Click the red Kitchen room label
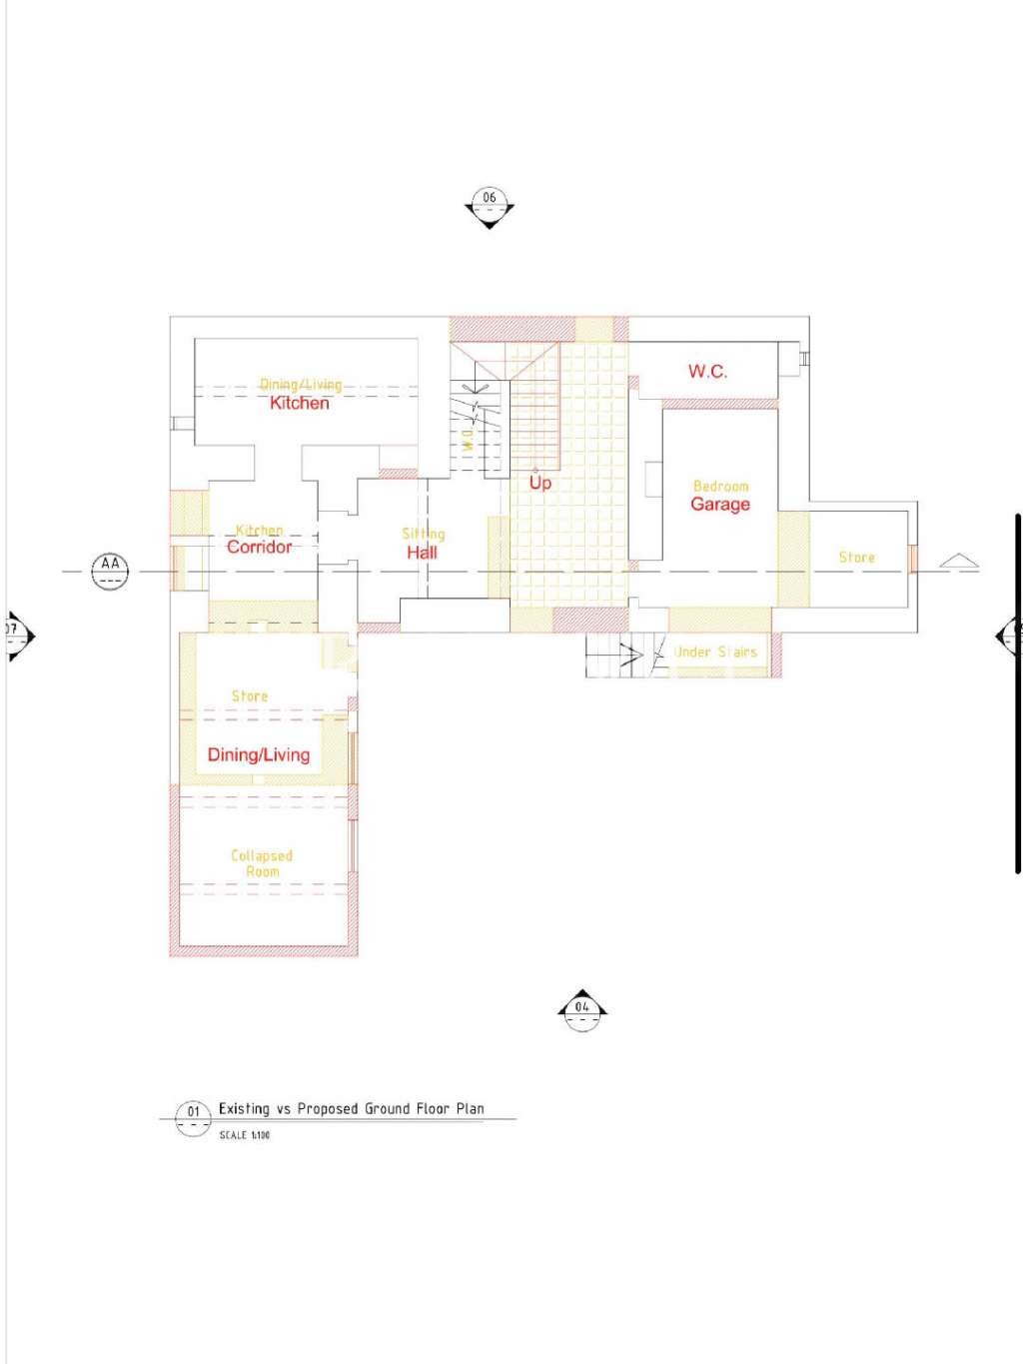point(299,403)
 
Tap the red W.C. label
point(707,372)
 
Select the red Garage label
point(719,505)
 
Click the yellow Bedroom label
point(720,486)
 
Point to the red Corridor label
point(259,547)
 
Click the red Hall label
point(422,552)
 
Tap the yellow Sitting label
point(423,534)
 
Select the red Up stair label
point(539,483)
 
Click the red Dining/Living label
point(258,754)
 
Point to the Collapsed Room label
point(262,863)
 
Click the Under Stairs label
point(715,652)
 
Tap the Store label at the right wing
point(856,558)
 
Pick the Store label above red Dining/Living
point(250,695)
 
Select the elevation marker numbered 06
point(489,205)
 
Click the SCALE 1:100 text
point(245,1135)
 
